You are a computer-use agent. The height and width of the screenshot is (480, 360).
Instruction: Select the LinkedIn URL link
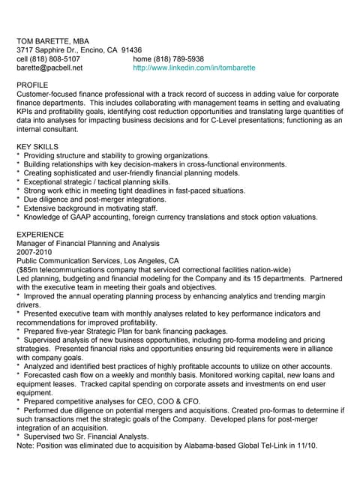pos(193,67)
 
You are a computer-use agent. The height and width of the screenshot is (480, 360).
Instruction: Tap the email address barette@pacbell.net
pos(49,67)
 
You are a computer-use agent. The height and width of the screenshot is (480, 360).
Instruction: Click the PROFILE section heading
pos(32,85)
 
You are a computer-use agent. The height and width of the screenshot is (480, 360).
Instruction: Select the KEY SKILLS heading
pos(37,145)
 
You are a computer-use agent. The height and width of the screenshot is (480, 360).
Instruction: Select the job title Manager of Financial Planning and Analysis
pos(88,243)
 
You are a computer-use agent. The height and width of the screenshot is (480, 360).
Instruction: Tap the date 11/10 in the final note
pos(307,445)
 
